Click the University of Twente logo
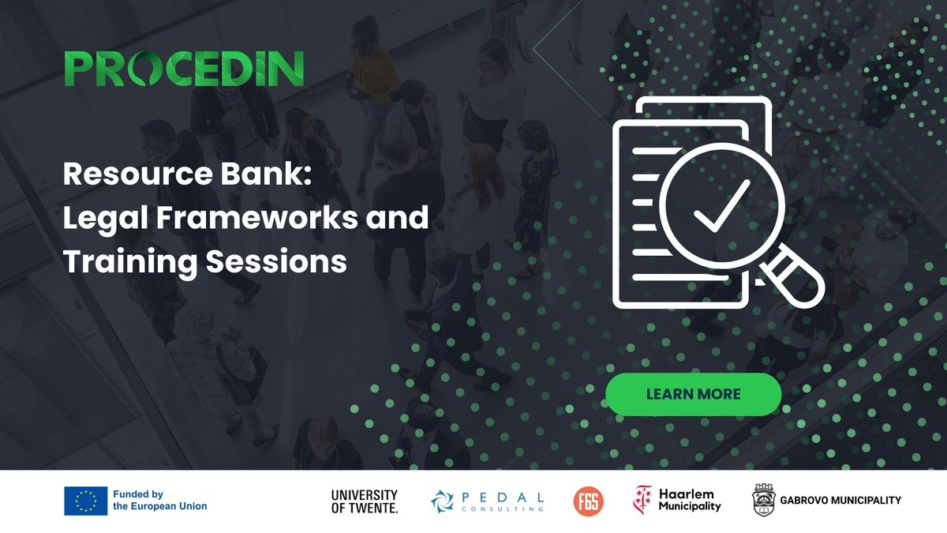coord(365,501)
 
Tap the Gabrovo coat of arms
coord(764,501)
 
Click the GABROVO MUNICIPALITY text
coord(840,501)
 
